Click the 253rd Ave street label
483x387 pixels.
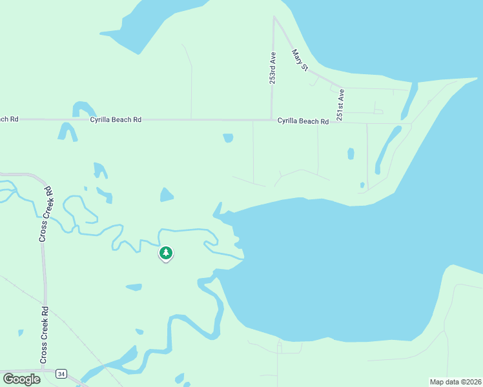point(273,68)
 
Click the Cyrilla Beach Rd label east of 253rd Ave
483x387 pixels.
point(298,121)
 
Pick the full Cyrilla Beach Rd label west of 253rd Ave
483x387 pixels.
point(116,119)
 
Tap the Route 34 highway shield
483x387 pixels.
point(61,373)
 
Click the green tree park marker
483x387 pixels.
point(166,253)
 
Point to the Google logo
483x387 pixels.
point(21,379)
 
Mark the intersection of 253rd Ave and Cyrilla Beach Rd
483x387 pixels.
point(271,119)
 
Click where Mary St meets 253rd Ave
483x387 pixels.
point(274,17)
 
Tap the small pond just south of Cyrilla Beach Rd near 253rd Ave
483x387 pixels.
point(228,137)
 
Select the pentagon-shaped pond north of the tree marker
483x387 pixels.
point(167,194)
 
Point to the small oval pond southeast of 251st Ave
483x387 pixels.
point(351,154)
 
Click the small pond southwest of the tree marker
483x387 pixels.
point(134,286)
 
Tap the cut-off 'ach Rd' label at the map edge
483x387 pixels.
point(9,119)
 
